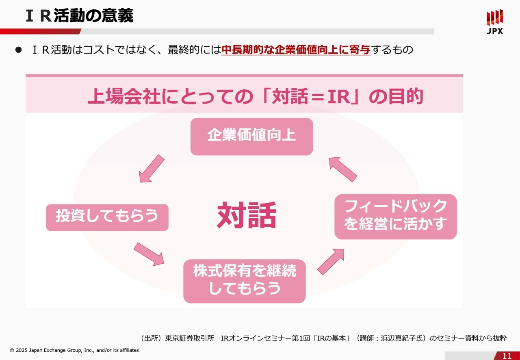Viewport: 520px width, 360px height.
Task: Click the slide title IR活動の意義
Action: (79, 16)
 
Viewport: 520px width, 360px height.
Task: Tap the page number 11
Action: (507, 356)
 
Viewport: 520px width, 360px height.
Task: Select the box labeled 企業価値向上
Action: (251, 137)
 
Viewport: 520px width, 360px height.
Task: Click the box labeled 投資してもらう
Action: (107, 217)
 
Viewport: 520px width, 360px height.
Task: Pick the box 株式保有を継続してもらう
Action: (244, 281)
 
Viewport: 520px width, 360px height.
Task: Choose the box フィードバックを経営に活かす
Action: (395, 216)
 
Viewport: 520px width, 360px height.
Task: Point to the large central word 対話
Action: (247, 215)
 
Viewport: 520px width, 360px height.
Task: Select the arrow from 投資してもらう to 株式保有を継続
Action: (149, 254)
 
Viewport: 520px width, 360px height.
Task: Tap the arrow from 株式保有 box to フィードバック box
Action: (331, 262)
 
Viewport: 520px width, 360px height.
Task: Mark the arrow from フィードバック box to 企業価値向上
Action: (342, 169)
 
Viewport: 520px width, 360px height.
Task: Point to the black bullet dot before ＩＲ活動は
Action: (18, 50)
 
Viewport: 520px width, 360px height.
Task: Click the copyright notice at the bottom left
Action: (74, 350)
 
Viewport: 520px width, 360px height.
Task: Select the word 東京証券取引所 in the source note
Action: (190, 338)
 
